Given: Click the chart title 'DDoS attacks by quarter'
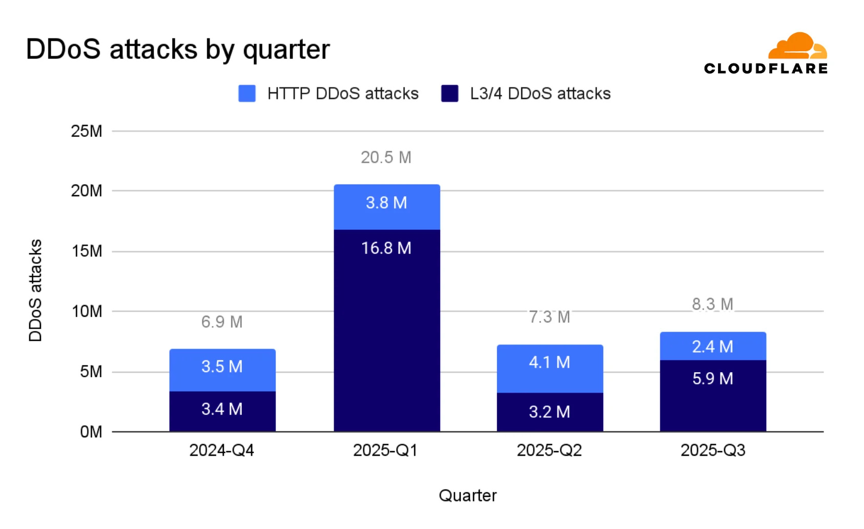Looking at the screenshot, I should tap(177, 50).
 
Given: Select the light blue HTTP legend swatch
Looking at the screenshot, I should tap(247, 93).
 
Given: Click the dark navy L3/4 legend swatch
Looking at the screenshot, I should tap(449, 93).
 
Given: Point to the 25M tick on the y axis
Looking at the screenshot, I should tap(87, 131).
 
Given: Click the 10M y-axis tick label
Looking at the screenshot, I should tap(87, 311).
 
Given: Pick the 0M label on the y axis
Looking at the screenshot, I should tap(91, 432).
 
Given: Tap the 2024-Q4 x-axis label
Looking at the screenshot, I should tap(221, 450).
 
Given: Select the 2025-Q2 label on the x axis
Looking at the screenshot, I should tap(549, 450).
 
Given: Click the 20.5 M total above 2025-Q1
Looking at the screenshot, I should tap(386, 157).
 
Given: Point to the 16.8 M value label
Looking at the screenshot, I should tap(386, 248).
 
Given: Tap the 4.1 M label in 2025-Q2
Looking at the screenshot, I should tap(549, 362).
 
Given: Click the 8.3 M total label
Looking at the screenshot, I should tap(712, 304).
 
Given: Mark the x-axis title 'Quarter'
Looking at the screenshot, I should tap(467, 495).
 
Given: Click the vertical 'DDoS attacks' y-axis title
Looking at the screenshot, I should tap(35, 290).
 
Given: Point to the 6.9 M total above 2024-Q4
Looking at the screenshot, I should tap(221, 322).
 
